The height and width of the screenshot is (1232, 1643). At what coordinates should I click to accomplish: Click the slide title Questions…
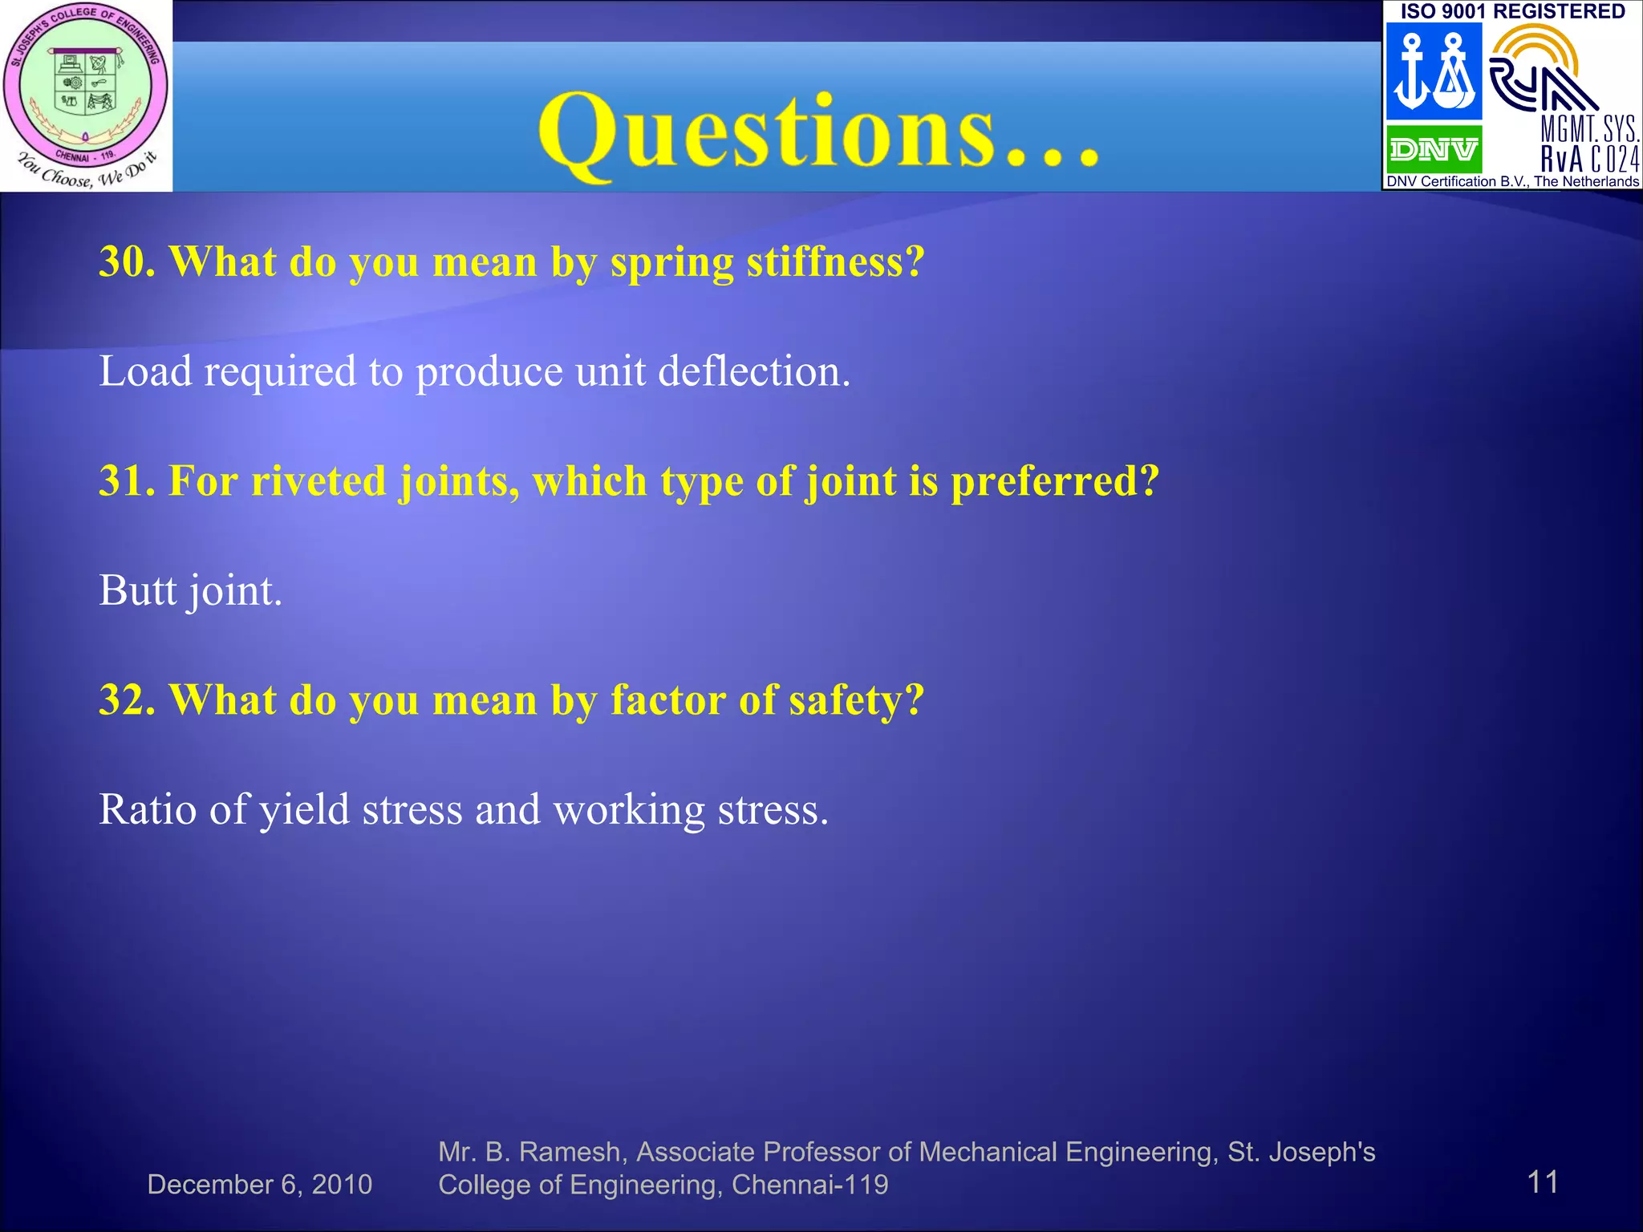coord(818,132)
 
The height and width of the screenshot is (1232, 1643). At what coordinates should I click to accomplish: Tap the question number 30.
coord(127,262)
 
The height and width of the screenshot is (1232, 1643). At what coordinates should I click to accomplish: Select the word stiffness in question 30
coord(835,262)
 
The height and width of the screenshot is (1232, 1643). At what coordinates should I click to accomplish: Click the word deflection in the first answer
coord(753,371)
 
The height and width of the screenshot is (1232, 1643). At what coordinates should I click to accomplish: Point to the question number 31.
coord(127,481)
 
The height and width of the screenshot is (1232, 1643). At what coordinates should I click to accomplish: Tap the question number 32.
coord(127,700)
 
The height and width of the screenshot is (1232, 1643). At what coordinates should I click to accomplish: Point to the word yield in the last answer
coord(304,809)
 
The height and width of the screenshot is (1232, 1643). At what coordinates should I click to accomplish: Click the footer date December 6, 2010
coord(259,1185)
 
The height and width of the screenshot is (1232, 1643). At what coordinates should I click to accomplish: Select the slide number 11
coord(1542,1181)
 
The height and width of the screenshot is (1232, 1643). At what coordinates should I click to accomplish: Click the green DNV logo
coord(1434,149)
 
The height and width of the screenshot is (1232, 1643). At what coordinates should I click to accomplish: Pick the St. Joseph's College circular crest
coord(86,84)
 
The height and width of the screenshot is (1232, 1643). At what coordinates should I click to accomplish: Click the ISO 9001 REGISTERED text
coord(1512,11)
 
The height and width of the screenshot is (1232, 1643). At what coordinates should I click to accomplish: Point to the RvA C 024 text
coord(1589,159)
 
